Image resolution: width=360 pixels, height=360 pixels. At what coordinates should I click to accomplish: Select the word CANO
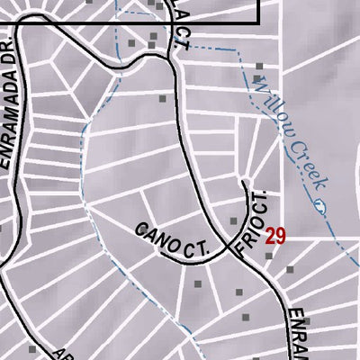(x=156, y=238)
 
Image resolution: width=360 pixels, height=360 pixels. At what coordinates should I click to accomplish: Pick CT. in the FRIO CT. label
(x=262, y=202)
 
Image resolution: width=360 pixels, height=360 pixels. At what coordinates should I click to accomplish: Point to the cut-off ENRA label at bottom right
(x=298, y=335)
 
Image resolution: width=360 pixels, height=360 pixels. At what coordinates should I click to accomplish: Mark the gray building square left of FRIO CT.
(x=233, y=220)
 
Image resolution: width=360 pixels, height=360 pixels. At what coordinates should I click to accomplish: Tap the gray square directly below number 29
(x=268, y=256)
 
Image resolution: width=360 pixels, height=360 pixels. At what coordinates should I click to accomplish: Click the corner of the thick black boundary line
(x=259, y=22)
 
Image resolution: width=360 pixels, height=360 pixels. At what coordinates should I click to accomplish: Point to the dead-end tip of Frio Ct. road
(x=245, y=182)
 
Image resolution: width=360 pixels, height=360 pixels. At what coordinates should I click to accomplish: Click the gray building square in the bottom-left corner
(x=34, y=349)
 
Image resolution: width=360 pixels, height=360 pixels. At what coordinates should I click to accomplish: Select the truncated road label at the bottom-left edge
(x=61, y=354)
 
